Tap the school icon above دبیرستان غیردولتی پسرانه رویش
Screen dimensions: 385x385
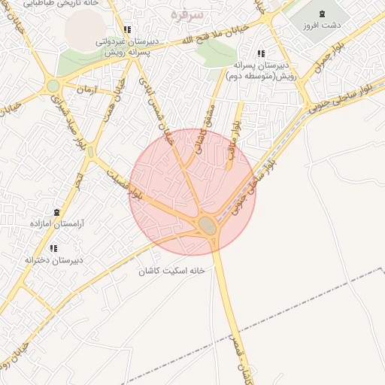pyautogui.click(x=127, y=30)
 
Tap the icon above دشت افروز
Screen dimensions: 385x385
pyautogui.click(x=323, y=14)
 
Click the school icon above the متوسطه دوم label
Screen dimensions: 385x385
pyautogui.click(x=261, y=54)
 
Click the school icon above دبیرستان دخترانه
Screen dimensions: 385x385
pyautogui.click(x=53, y=248)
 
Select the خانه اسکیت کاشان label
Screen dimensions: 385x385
pyautogui.click(x=171, y=269)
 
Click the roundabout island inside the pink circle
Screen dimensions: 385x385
pyautogui.click(x=208, y=225)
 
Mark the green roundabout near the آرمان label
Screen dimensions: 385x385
pyautogui.click(x=53, y=86)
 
